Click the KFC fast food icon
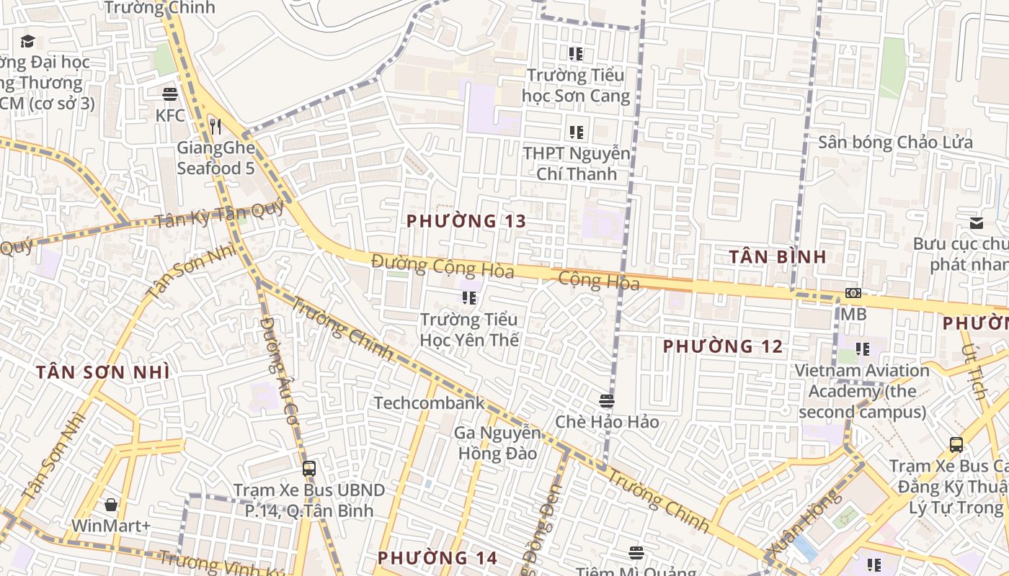coord(170,94)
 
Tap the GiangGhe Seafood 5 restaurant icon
coord(215,127)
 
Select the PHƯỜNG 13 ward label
coord(466,221)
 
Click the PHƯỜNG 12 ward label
coord(722,346)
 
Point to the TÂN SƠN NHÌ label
coord(103,372)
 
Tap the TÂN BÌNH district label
coord(777,257)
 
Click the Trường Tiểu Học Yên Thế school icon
coord(469,298)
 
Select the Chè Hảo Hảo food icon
coord(607,400)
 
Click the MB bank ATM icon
coord(853,293)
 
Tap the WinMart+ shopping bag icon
coord(111,505)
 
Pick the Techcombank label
coord(429,403)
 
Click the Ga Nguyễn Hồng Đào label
coord(497,444)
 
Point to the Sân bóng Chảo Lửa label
coord(895,143)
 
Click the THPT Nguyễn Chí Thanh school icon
coord(576,132)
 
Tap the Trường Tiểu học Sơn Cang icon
coord(576,54)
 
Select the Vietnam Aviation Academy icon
coord(863,349)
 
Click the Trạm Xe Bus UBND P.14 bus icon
coord(309,469)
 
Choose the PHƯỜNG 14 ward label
coord(437,558)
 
